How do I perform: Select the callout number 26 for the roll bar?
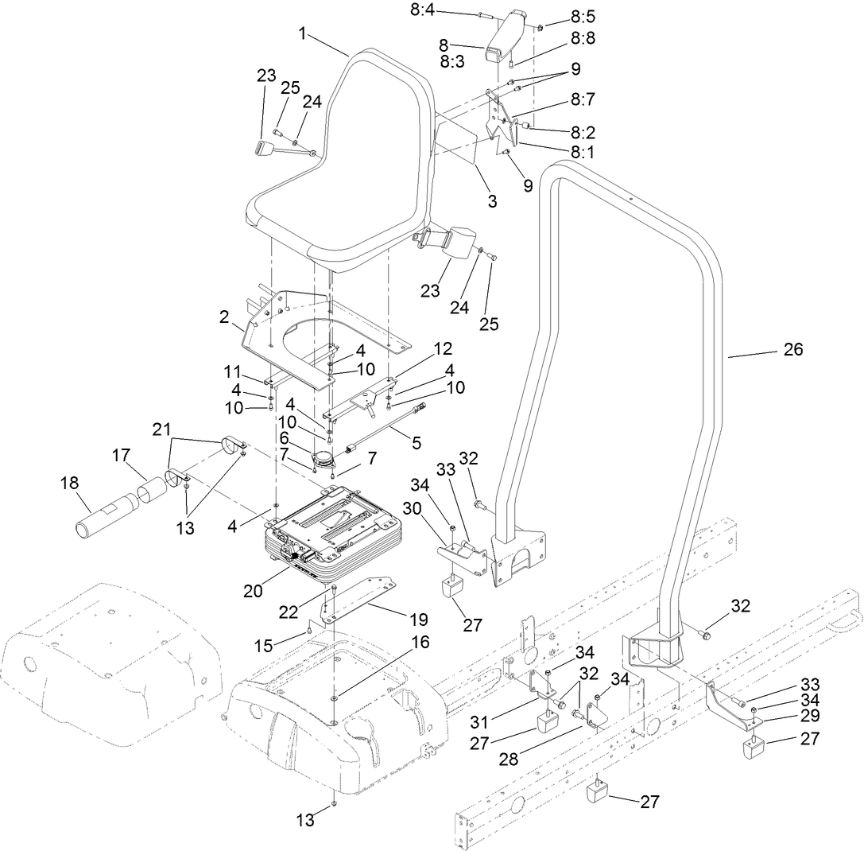point(792,349)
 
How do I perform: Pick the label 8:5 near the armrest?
point(582,17)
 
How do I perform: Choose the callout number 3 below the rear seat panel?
point(492,202)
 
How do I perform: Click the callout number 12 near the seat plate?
point(442,348)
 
